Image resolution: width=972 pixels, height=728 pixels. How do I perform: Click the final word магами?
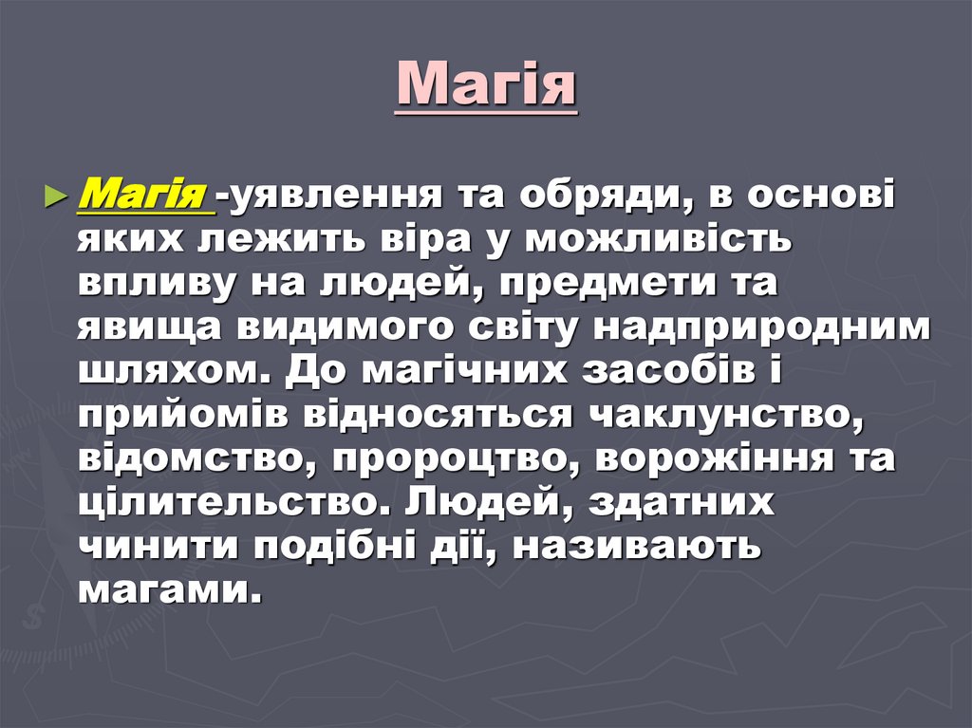167,590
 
